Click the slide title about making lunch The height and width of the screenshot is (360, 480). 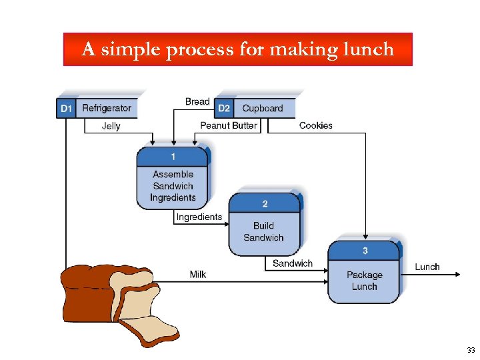[238, 49]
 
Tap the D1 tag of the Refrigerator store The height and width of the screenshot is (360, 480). [66, 108]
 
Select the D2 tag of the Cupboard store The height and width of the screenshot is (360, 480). [224, 108]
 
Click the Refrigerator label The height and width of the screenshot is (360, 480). [107, 108]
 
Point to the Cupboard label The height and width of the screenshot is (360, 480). [263, 108]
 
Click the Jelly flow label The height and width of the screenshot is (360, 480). [111, 125]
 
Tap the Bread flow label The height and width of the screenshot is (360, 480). [197, 101]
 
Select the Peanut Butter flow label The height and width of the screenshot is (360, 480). [229, 125]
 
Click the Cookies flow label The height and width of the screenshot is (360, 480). [316, 125]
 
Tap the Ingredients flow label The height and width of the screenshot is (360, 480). [199, 217]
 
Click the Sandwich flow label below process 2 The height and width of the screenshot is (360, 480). [293, 263]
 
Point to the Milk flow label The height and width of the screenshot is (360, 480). [198, 274]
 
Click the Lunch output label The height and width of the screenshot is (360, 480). [427, 267]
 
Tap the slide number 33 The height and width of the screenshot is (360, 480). [471, 350]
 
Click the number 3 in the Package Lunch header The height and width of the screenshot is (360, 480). [365, 251]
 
